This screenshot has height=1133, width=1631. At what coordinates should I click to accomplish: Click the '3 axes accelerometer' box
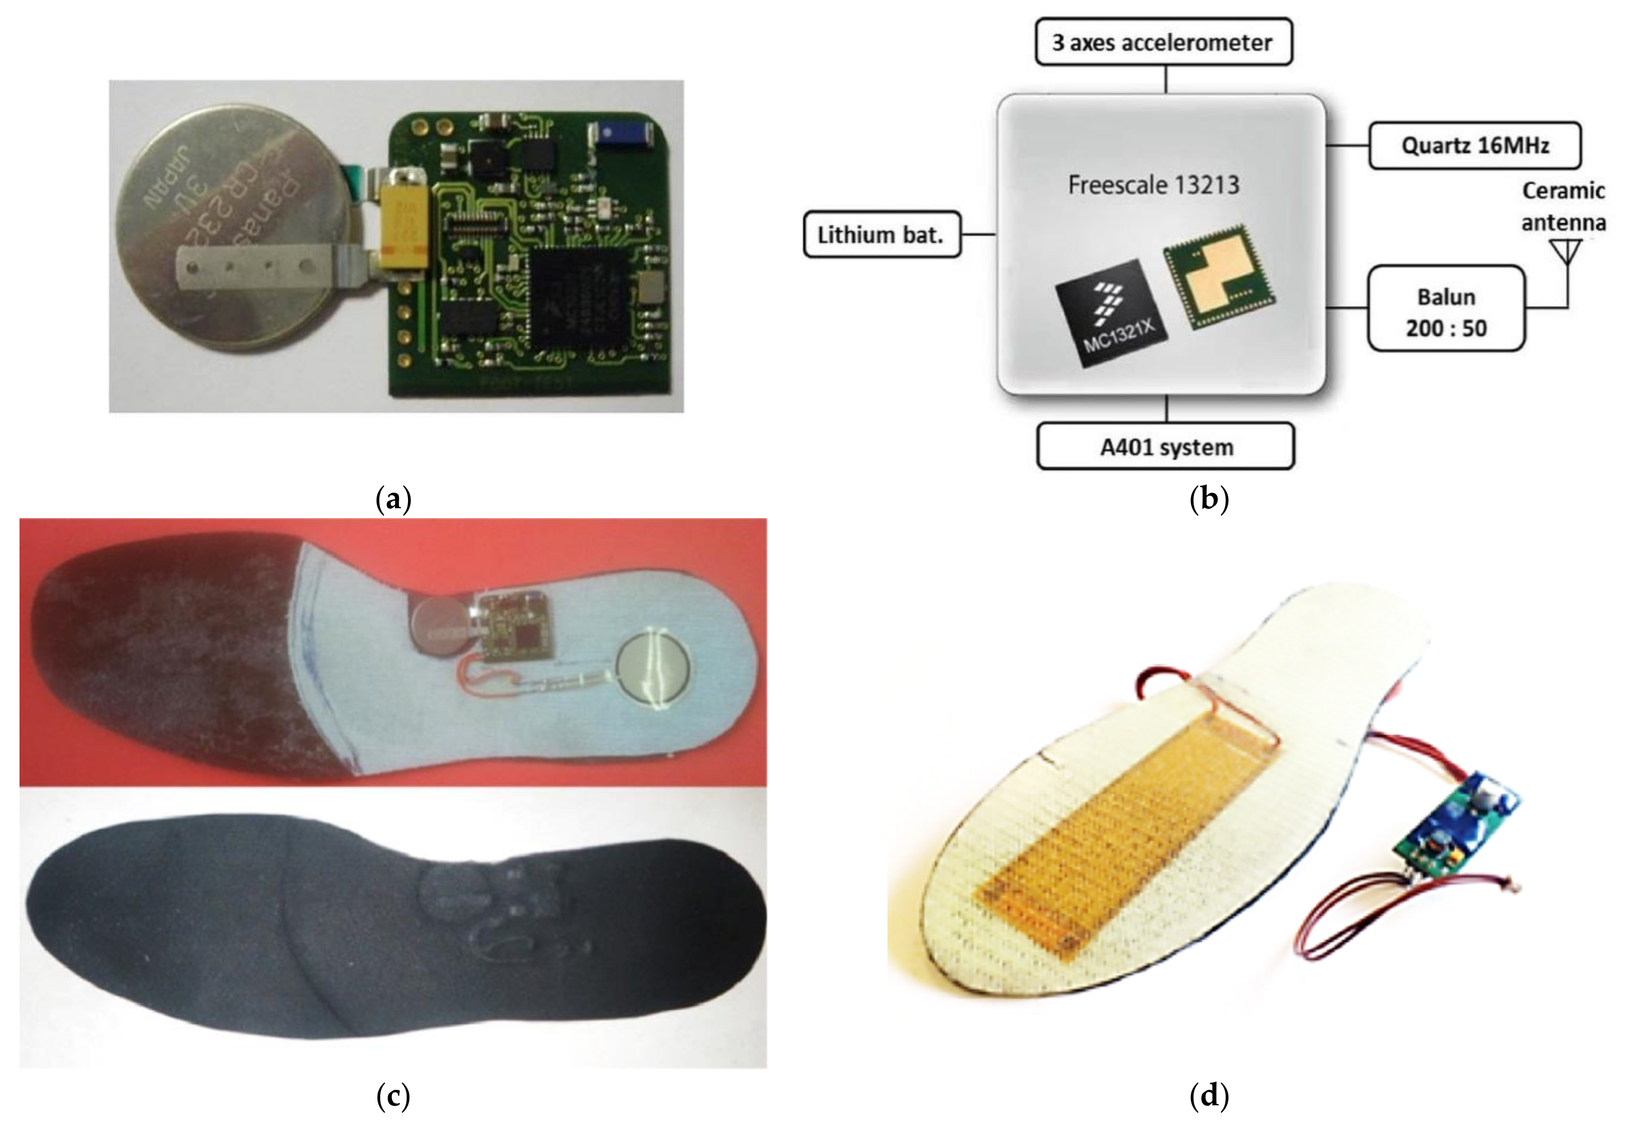[x=1163, y=42]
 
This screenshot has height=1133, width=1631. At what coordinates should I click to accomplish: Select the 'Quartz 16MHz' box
[x=1474, y=146]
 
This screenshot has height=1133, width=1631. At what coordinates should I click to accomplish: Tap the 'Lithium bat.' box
[x=881, y=234]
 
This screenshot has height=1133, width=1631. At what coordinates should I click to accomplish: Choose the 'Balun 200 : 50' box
[x=1446, y=309]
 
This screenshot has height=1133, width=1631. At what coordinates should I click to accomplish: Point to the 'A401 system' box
[x=1165, y=447]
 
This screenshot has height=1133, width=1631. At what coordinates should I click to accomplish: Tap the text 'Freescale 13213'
[x=1153, y=185]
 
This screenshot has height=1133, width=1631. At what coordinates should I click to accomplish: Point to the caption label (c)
[x=393, y=1095]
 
